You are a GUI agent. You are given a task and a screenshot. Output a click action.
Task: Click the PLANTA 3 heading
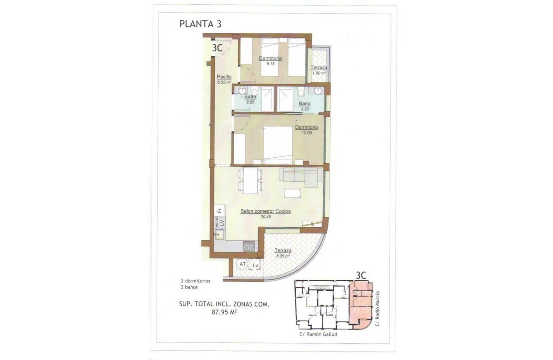pos(200,24)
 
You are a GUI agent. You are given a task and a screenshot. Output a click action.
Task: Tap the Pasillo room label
pos(224,77)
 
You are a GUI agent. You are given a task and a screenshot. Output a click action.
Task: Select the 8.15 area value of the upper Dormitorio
pos(270,63)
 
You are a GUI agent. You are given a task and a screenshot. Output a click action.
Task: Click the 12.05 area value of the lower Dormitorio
pos(306,132)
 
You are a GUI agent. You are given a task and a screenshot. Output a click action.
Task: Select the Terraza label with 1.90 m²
pos(319,68)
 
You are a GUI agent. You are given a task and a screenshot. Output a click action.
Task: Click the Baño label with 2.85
pos(250,97)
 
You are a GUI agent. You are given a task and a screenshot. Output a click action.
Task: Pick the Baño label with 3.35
pos(304,104)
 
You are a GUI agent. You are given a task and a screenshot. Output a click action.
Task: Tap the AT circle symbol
pos(243,264)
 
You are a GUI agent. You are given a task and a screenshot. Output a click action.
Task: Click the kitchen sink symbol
pos(219,234)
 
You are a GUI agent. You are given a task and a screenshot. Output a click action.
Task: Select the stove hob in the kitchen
pos(249,246)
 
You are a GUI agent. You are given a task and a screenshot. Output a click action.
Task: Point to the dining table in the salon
pos(250,180)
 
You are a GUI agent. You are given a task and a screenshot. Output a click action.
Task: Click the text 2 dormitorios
pos(195,281)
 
